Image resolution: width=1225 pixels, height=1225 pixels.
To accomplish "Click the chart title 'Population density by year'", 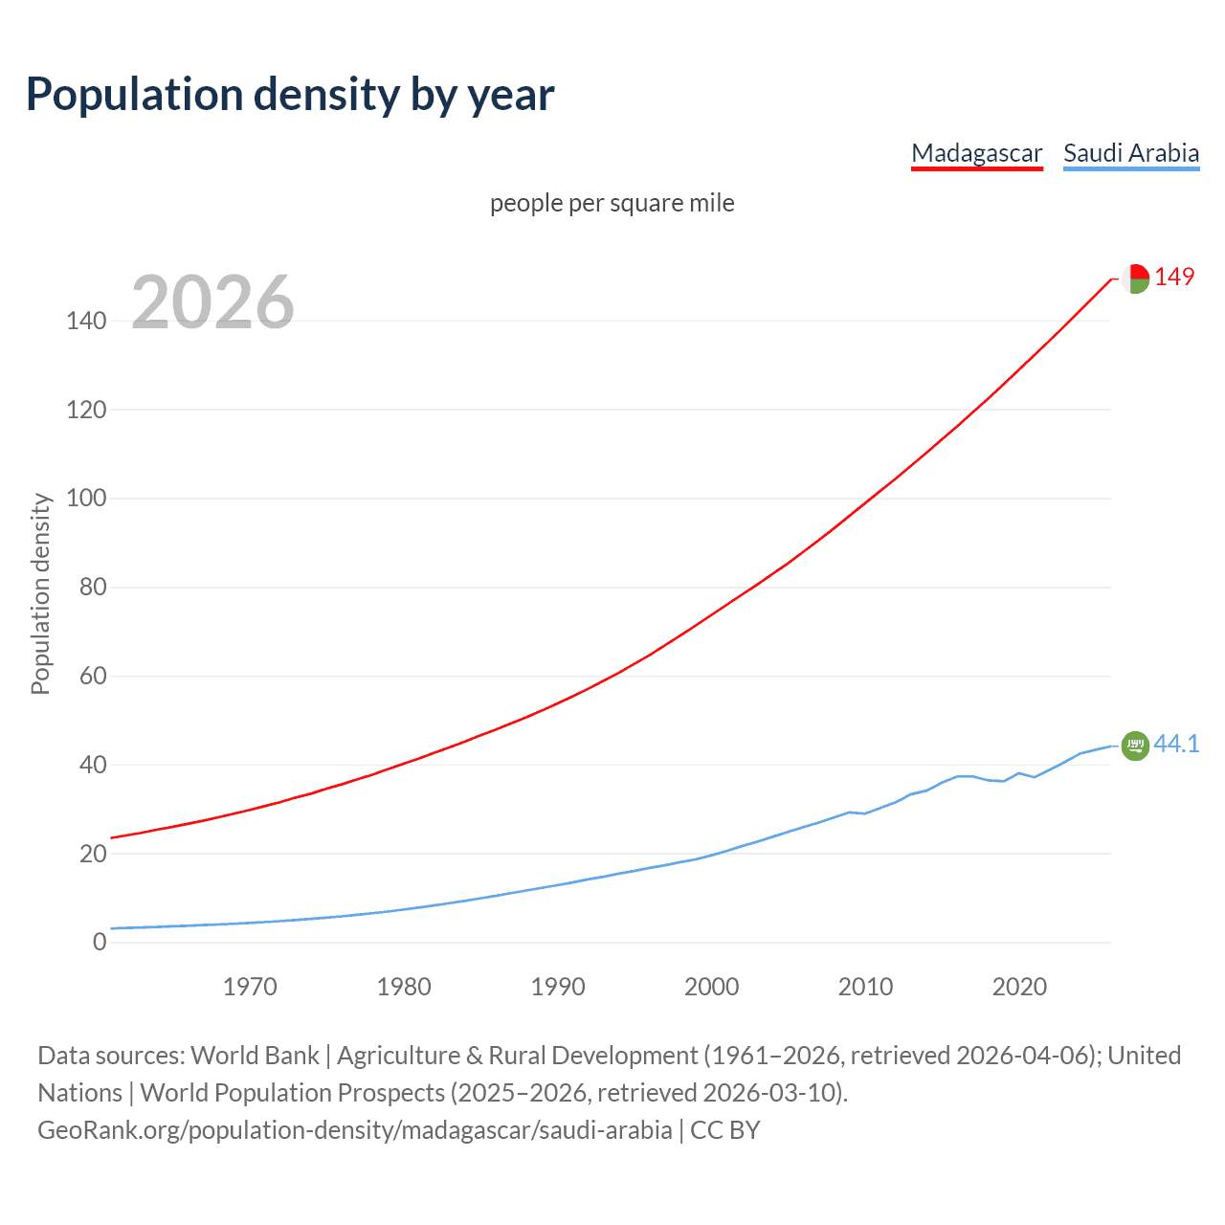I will coord(290,95).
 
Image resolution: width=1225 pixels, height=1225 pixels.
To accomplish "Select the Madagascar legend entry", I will coord(976,153).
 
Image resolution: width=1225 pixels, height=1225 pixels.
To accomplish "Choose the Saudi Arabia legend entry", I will coord(1131,153).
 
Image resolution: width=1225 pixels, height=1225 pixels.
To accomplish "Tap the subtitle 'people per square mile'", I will coord(612,203).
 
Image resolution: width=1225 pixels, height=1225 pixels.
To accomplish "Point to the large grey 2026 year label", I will coord(212,302).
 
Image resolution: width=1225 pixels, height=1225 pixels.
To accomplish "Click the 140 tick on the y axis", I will coord(86,321).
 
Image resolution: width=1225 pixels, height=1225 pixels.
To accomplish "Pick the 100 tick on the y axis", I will coord(86,499).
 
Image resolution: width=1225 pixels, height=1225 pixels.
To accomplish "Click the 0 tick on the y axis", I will coord(100,943).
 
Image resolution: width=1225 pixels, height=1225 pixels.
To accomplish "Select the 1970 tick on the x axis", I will coord(250,987).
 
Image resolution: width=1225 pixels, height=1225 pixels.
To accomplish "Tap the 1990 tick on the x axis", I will coord(558,987).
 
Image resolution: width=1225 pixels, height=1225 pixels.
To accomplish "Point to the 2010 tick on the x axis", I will coord(865,987).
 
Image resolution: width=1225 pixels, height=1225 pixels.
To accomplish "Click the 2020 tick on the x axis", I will coord(1019,987).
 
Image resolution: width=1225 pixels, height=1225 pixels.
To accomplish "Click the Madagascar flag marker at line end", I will coord(1135,278).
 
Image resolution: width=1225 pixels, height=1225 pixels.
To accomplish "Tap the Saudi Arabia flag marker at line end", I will coord(1135,745).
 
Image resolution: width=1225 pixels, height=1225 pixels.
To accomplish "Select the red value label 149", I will coord(1174,277).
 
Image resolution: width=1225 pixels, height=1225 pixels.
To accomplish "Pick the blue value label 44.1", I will coord(1176,744).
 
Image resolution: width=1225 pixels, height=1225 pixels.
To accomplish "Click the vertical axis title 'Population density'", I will coord(40,593).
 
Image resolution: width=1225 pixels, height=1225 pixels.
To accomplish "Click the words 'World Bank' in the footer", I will coord(255,1056).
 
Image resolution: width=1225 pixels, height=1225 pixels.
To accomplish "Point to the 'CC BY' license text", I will coord(724,1130).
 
